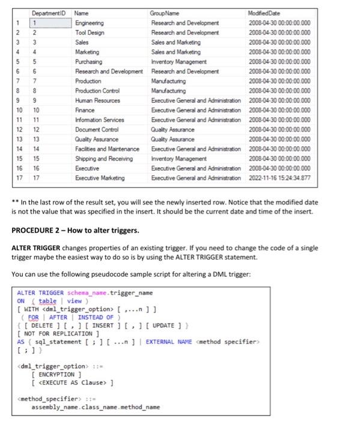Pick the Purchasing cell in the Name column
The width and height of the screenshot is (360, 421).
click(x=89, y=61)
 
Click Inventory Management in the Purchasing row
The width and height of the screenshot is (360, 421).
click(x=179, y=61)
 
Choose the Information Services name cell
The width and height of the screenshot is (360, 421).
click(x=100, y=120)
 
